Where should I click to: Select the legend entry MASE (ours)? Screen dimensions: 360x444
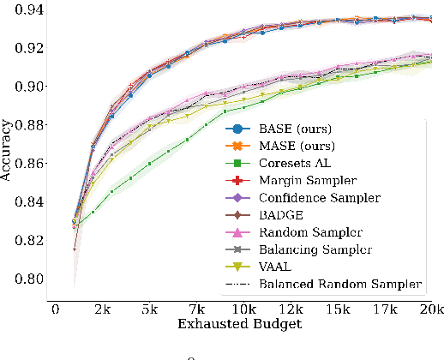[296, 146]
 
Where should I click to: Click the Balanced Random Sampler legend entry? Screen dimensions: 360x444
[340, 284]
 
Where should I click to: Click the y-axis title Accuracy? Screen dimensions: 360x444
[8, 154]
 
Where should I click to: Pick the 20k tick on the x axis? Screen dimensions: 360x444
[430, 309]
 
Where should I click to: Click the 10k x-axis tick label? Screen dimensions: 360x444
[243, 309]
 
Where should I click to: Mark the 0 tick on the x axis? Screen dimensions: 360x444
[55, 309]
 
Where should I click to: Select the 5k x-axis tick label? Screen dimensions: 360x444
[150, 309]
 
